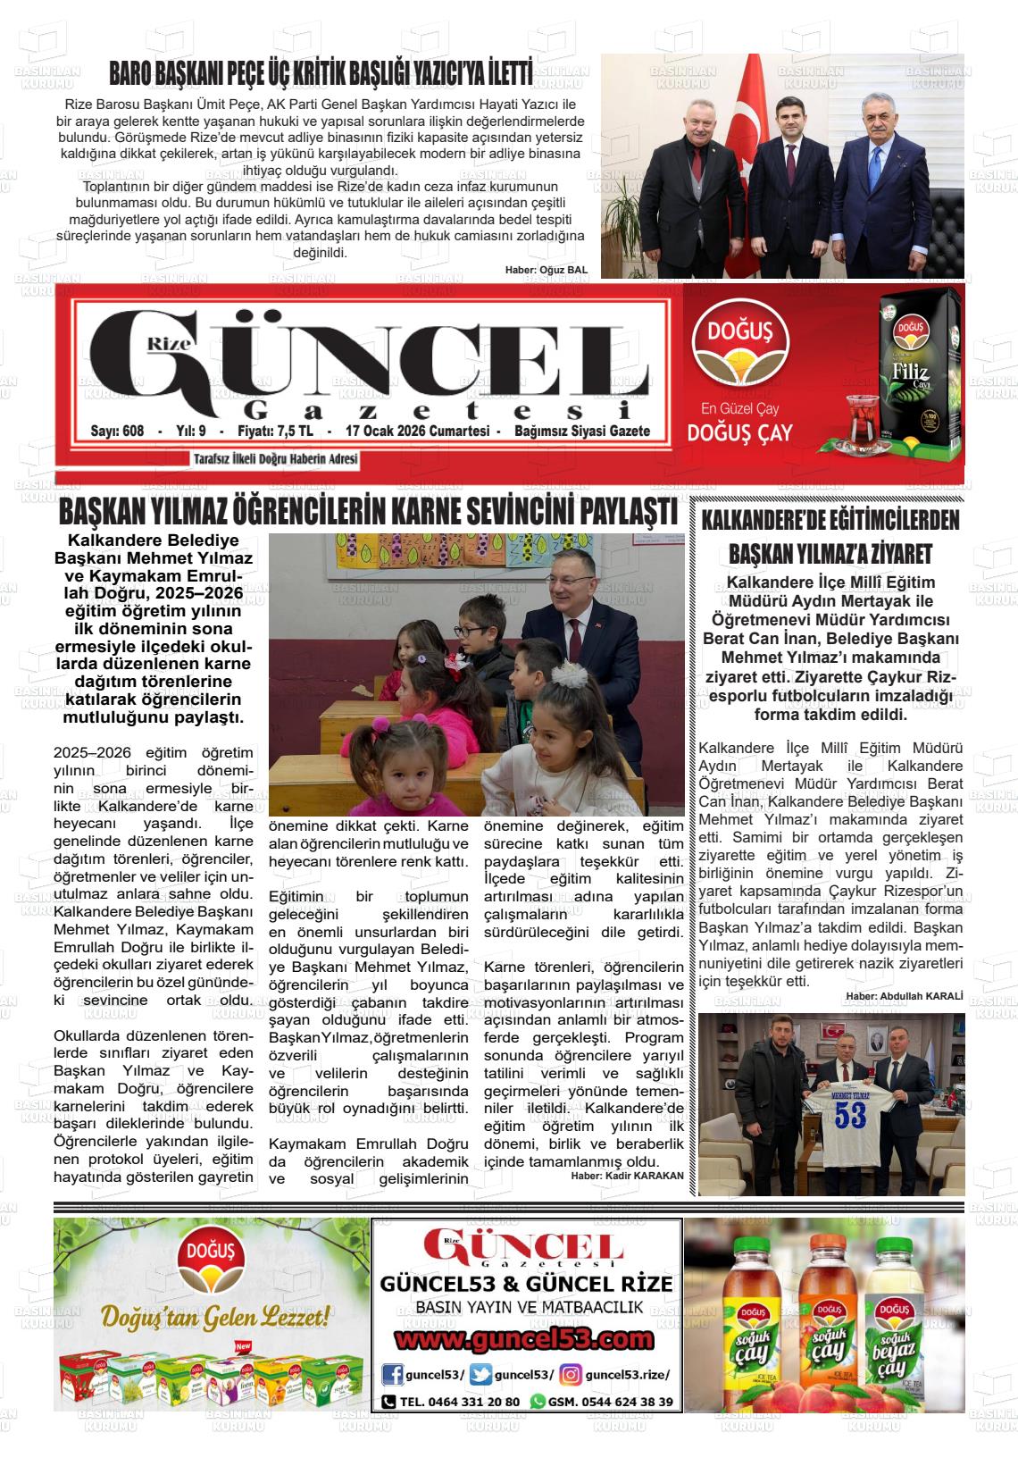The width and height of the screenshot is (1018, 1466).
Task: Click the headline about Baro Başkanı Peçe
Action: click(x=321, y=72)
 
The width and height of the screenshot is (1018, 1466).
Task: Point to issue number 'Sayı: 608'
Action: click(x=117, y=431)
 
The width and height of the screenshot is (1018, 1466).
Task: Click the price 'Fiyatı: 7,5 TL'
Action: click(x=275, y=431)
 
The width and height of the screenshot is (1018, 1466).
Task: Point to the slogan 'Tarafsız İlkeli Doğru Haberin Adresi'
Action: click(x=276, y=460)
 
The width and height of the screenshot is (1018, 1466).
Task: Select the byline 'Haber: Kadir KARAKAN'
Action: click(x=627, y=1176)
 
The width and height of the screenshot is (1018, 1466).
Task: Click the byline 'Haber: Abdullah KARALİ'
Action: click(x=905, y=996)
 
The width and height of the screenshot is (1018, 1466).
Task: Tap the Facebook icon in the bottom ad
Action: click(x=392, y=1374)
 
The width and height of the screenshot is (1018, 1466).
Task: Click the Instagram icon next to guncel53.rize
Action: click(x=571, y=1374)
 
